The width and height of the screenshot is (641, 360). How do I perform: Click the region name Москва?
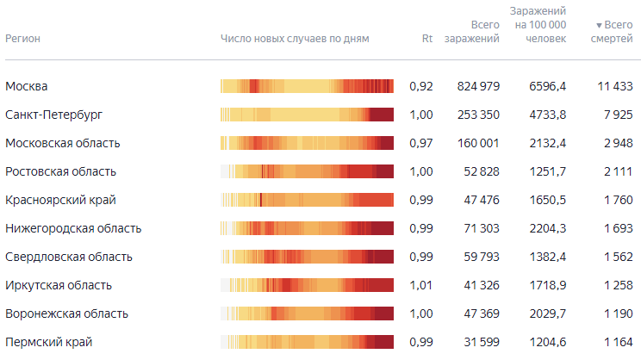[26, 86]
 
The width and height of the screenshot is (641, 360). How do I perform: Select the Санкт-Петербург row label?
[59, 115]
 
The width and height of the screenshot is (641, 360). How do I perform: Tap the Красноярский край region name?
[59, 200]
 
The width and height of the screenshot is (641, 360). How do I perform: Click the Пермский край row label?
[48, 342]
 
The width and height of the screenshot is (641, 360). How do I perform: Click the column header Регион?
[23, 39]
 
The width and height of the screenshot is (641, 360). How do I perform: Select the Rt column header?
[426, 39]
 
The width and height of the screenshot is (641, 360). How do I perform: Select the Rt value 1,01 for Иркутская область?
[420, 285]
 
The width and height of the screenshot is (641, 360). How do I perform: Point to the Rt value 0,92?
[420, 86]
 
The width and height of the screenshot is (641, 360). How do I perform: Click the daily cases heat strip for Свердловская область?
[307, 257]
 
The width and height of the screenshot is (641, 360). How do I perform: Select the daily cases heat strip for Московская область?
[307, 143]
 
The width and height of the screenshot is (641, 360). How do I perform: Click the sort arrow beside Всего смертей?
[599, 26]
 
